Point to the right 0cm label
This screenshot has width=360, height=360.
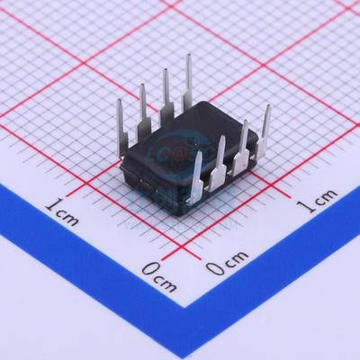pyautogui.click(x=224, y=266)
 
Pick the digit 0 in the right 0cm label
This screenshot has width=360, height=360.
pyautogui.click(x=212, y=268)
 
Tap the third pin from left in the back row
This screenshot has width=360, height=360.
pyautogui.click(x=166, y=91)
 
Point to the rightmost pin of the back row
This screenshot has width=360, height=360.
pyautogui.click(x=189, y=77)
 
